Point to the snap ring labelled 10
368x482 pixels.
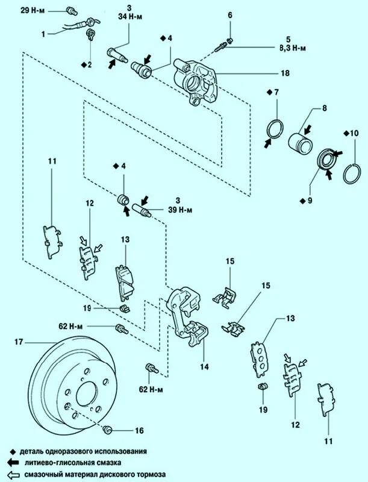click(348, 174)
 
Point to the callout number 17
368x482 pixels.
click(19, 342)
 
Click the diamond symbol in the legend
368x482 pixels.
click(13, 451)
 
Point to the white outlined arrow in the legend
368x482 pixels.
click(13, 474)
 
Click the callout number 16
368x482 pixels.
click(140, 431)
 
